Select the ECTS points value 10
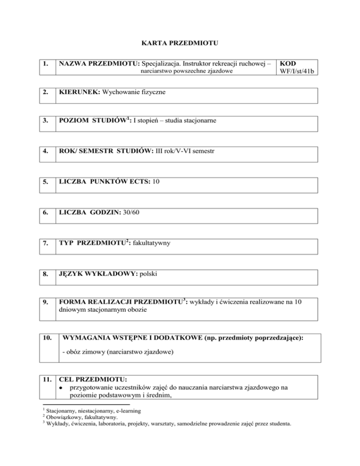click(156, 182)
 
